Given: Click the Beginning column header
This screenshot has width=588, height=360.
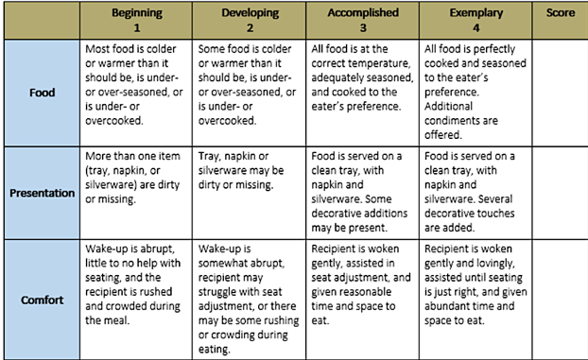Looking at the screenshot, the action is [136, 13].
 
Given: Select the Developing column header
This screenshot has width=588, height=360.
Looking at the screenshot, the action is [250, 13].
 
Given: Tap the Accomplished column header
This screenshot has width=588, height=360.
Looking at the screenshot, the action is [364, 13].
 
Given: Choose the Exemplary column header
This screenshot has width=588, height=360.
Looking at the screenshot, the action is [476, 13].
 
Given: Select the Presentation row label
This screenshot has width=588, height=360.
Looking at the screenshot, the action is [42, 193].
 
